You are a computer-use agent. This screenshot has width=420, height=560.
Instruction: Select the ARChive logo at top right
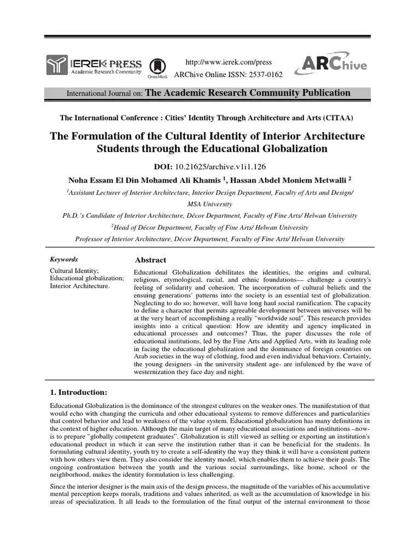pos(331,65)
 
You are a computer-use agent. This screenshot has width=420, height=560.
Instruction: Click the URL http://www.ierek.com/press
pos(229,62)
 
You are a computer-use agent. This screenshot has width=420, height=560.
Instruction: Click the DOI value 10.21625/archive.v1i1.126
pos(226,166)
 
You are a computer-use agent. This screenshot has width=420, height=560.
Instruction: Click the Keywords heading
pos(64,259)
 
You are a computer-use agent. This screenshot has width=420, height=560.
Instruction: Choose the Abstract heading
pos(150,260)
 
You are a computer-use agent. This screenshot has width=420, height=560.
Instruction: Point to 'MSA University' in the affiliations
pos(209,204)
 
